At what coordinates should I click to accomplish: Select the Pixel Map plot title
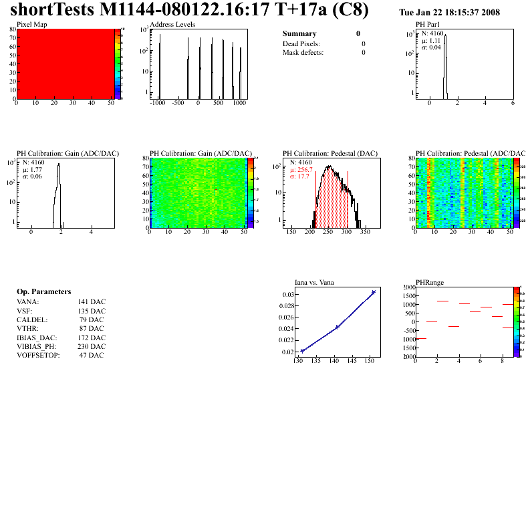click(31, 25)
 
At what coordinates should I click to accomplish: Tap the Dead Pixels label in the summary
click(301, 43)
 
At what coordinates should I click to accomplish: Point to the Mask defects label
click(303, 52)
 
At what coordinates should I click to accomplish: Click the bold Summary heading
click(299, 33)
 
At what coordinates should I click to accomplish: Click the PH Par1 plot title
click(429, 25)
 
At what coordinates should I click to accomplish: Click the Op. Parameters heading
click(43, 292)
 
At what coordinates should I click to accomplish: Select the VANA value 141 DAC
click(92, 301)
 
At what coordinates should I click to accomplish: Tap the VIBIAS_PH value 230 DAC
click(92, 346)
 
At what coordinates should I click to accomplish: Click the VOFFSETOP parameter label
click(38, 356)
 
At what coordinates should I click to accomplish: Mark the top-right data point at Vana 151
click(374, 292)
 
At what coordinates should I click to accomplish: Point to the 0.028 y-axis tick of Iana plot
click(287, 306)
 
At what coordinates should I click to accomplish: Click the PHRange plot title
click(430, 282)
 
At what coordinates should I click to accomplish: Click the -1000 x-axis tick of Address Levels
click(158, 104)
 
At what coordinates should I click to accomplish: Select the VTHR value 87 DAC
click(92, 328)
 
